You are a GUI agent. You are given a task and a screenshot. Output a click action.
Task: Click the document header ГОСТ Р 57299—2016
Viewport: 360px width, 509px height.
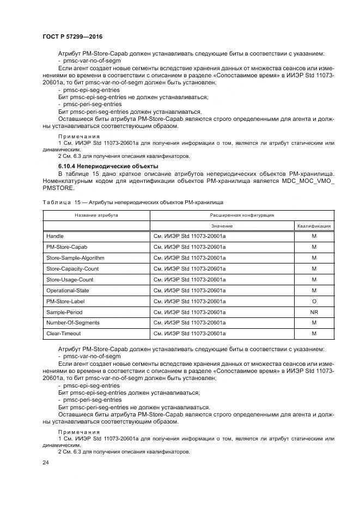click(72, 36)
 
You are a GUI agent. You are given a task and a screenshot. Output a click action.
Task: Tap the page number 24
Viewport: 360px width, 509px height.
click(45, 462)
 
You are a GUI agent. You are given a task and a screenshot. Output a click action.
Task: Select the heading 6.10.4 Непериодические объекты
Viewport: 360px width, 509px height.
click(108, 165)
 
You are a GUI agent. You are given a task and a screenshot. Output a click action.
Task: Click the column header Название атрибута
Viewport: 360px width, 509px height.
click(96, 215)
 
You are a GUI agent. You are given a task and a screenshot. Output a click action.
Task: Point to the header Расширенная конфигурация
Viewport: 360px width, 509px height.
click(242, 215)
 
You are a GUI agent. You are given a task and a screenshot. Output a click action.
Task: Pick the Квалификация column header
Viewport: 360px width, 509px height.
click(314, 225)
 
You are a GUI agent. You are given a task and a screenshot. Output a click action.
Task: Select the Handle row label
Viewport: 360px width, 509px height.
click(55, 236)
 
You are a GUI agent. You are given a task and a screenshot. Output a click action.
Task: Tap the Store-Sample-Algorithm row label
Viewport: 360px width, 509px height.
click(75, 258)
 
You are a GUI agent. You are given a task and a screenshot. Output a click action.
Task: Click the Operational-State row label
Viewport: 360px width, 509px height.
click(68, 291)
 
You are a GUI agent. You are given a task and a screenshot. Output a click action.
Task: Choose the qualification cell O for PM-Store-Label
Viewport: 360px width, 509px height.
click(314, 302)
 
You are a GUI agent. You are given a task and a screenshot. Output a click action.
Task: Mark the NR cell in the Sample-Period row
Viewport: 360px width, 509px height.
click(314, 312)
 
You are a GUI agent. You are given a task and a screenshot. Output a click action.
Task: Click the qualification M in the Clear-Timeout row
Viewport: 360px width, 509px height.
click(314, 334)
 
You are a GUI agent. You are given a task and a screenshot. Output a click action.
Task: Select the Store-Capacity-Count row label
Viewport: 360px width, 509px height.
click(72, 269)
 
